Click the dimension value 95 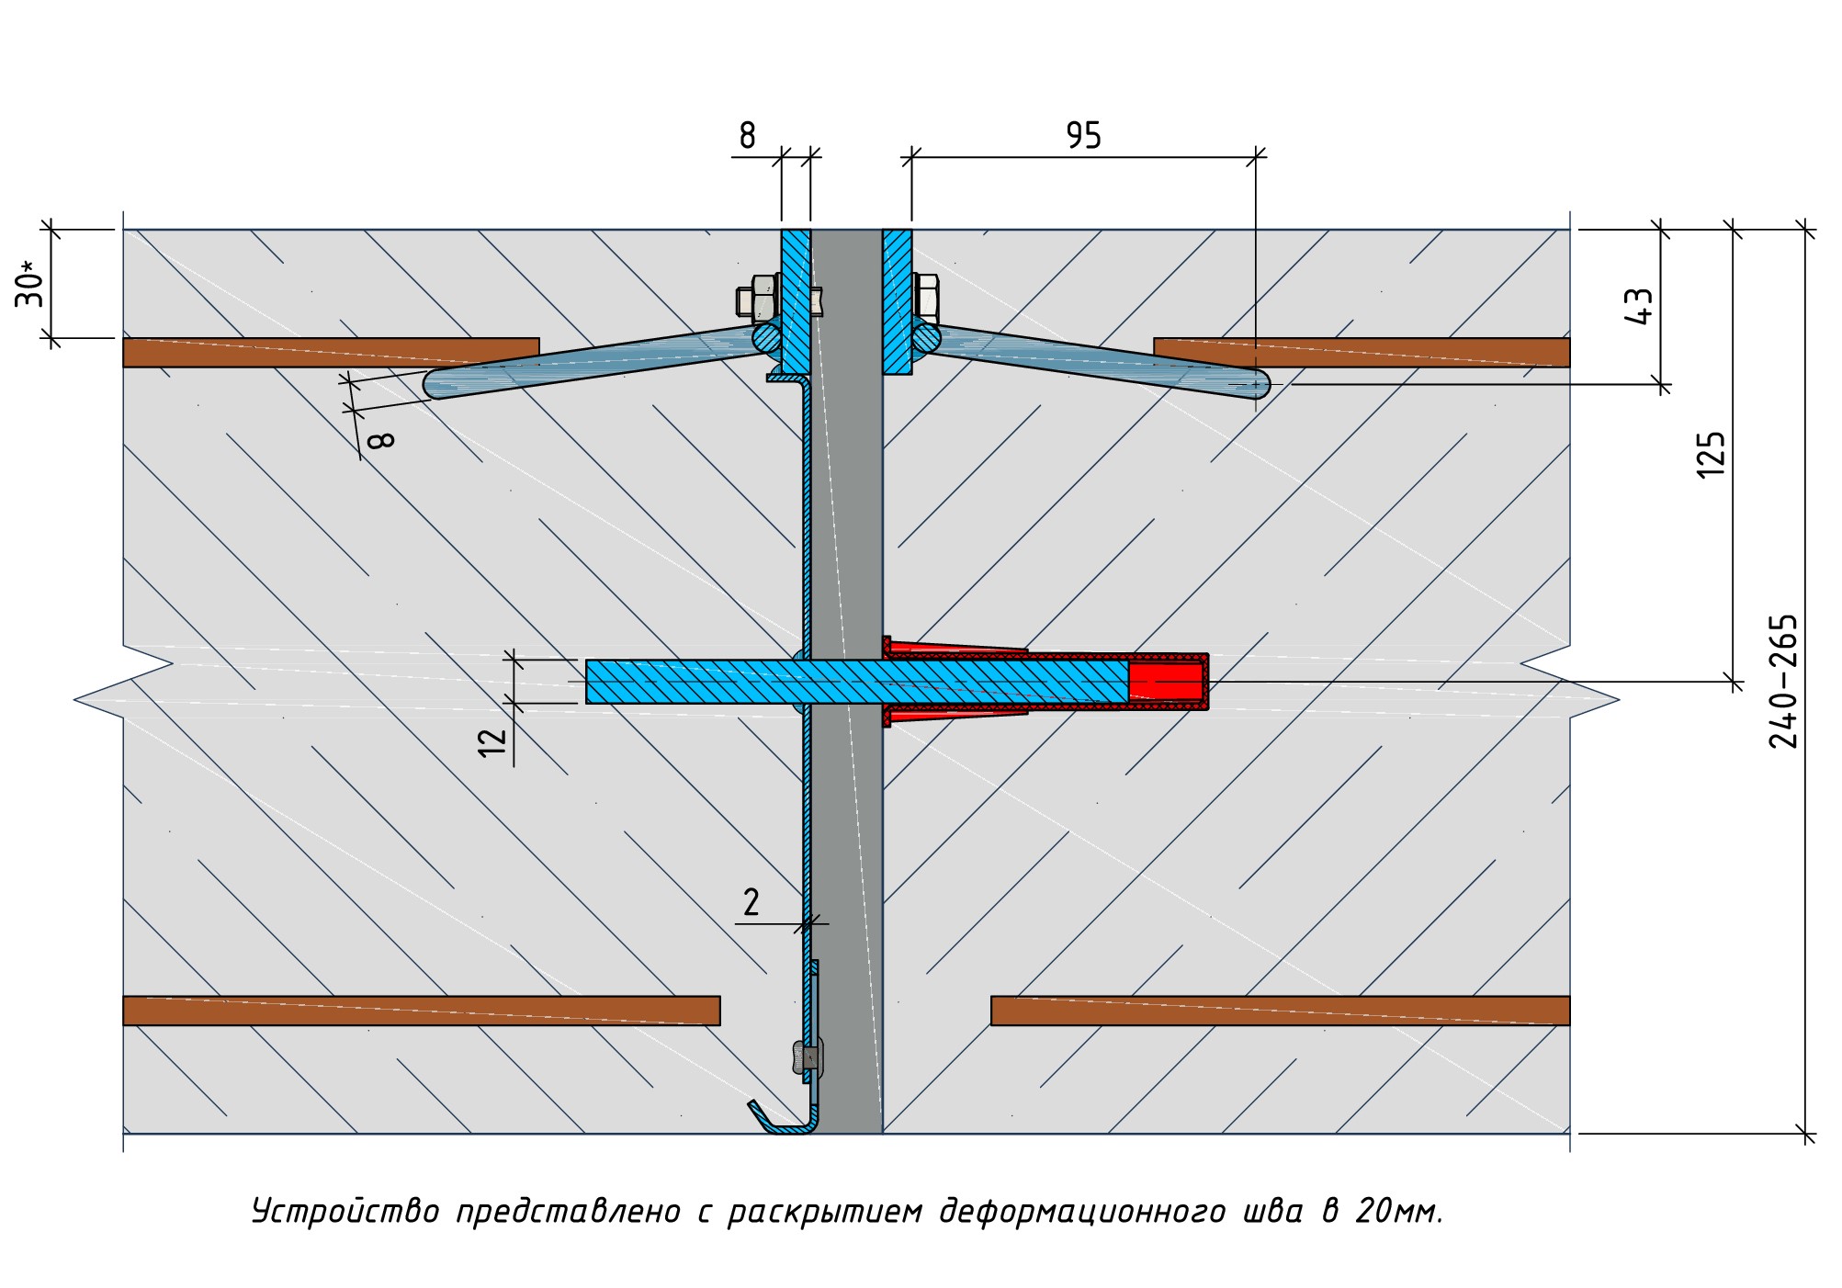(1083, 136)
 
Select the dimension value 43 (1640, 306)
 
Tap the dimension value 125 (1711, 454)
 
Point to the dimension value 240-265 (1783, 682)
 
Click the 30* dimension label (30, 284)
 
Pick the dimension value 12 (493, 740)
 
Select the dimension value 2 (751, 902)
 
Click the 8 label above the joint (747, 136)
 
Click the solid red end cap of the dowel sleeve (1166, 682)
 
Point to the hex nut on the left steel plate (759, 297)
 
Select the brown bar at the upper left (331, 353)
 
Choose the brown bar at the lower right (1280, 1011)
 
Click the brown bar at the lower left (421, 1011)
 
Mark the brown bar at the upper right (1362, 353)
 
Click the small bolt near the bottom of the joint (808, 1057)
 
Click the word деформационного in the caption (1082, 1212)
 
